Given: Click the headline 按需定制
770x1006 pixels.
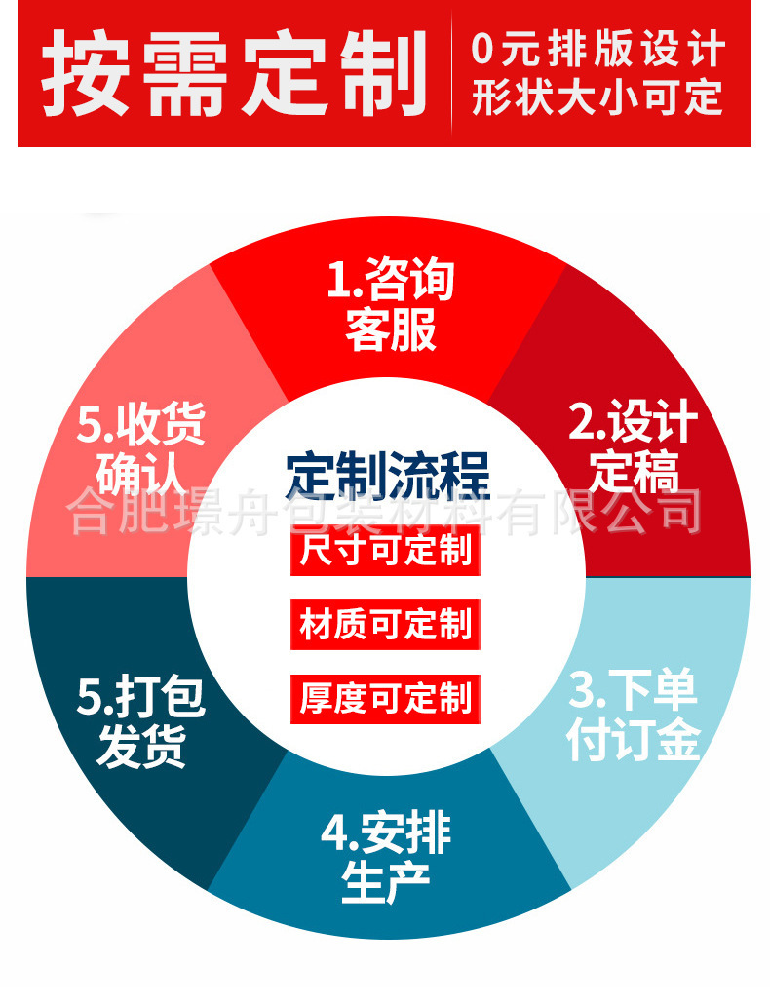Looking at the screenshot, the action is point(234,74).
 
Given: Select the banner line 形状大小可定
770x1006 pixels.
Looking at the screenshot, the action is point(597,98).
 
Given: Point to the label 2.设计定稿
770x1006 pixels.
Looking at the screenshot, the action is point(634,446).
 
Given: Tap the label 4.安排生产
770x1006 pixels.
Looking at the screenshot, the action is point(386,857).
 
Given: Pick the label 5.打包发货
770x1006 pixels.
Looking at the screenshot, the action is point(141,722).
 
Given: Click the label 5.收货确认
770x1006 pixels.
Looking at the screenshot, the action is point(141,449).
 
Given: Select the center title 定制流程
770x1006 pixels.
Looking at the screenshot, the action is point(387,475).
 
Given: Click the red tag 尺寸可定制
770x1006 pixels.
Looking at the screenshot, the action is point(385,552).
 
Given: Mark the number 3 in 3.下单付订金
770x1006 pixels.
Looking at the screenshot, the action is point(582,691).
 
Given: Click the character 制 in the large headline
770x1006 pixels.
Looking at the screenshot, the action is point(379,74).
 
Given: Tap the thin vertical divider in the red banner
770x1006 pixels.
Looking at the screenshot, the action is point(452,74).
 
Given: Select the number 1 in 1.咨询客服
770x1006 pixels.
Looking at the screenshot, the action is point(337,282).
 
